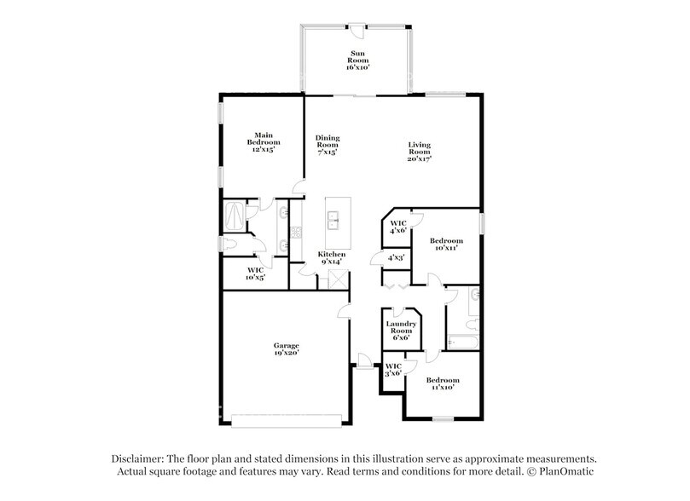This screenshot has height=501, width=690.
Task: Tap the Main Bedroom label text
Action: (259, 141)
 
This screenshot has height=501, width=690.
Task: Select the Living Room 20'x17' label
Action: (419, 152)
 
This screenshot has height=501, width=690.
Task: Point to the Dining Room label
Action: (328, 145)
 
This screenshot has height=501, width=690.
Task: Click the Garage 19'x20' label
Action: (286, 349)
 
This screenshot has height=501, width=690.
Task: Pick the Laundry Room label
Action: (400, 331)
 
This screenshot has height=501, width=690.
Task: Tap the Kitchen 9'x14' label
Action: (332, 258)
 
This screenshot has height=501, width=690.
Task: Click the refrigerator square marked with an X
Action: (335, 277)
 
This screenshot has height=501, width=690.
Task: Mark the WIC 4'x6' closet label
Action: (397, 227)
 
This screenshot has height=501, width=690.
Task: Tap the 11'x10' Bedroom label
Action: (443, 383)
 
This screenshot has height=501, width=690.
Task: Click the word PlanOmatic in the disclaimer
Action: (565, 471)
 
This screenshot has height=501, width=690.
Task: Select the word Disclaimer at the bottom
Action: (142, 457)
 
